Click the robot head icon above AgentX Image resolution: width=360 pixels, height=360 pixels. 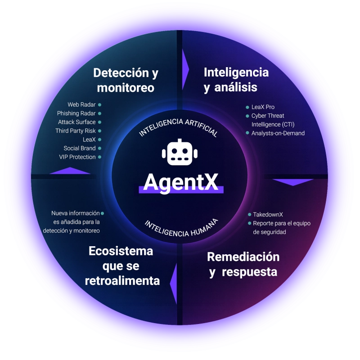point(180,152)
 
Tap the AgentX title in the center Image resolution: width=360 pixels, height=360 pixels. point(181,182)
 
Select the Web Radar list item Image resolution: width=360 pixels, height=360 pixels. point(81,105)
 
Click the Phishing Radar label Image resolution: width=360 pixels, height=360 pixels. point(76,113)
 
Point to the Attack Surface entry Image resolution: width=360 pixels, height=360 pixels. point(76,122)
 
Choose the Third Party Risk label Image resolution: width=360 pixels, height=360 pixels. point(75,131)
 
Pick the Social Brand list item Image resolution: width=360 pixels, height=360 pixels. point(80,148)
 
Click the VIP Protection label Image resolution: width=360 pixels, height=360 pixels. point(77,157)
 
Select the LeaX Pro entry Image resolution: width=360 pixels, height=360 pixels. point(263,107)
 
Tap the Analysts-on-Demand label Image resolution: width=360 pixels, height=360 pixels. point(278,133)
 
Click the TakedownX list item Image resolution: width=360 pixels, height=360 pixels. point(268,215)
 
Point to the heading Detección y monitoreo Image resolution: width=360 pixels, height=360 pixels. point(126,80)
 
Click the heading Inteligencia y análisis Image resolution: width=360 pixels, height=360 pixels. point(236,80)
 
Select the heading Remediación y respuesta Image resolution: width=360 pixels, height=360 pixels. point(243,265)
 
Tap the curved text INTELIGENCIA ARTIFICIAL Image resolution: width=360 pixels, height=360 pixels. point(178,127)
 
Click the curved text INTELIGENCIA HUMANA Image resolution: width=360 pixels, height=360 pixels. point(181,229)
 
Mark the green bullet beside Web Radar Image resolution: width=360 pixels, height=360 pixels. point(99,105)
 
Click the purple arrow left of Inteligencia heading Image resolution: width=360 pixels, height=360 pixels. point(185,69)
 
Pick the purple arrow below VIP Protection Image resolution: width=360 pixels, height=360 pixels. point(70,171)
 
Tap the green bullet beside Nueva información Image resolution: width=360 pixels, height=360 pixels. point(103,213)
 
